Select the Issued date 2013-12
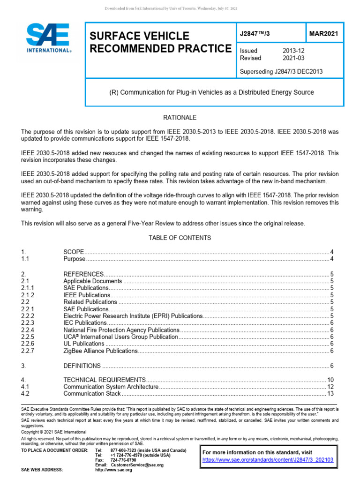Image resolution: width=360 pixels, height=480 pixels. click(x=294, y=51)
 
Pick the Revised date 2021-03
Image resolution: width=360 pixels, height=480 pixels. click(x=294, y=58)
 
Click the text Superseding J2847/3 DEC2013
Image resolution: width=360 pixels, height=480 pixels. click(x=281, y=72)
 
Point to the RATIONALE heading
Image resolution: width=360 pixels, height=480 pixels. click(x=180, y=117)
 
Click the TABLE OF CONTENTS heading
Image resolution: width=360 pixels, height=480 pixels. click(x=180, y=238)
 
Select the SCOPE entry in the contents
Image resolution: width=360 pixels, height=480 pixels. click(x=73, y=252)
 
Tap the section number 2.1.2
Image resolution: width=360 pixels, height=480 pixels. click(x=29, y=295)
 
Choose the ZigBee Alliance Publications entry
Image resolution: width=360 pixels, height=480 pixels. click(x=100, y=351)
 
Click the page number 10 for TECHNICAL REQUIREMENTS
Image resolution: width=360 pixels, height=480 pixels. click(x=330, y=379)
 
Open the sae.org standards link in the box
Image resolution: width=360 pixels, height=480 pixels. click(x=268, y=460)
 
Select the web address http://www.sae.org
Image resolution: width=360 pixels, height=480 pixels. click(x=114, y=470)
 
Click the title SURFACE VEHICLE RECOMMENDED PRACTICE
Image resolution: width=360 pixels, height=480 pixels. click(x=159, y=42)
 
